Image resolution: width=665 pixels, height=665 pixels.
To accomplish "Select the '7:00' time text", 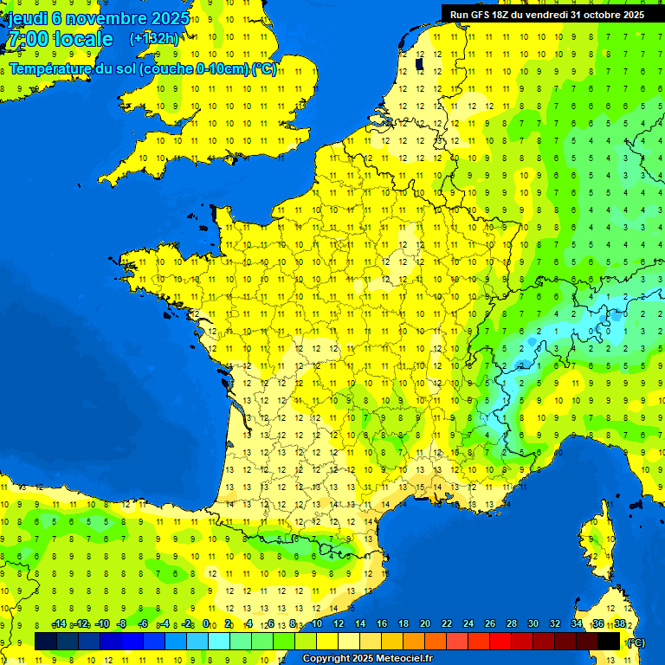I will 26,39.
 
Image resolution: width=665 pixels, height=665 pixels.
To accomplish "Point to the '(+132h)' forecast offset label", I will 153,38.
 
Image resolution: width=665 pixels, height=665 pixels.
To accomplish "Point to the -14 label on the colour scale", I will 59,623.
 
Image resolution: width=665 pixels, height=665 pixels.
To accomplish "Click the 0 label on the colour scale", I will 206,623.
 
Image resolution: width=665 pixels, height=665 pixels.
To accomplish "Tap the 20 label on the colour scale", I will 424,623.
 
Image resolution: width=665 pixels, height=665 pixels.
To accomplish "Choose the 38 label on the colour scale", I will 620,623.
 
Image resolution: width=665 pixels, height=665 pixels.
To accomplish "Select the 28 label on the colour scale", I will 511,623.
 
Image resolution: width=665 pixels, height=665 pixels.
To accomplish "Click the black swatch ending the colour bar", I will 610,641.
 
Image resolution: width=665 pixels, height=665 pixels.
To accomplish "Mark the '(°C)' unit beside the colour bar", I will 636,642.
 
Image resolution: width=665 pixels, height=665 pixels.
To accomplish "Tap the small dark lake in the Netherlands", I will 420,63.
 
